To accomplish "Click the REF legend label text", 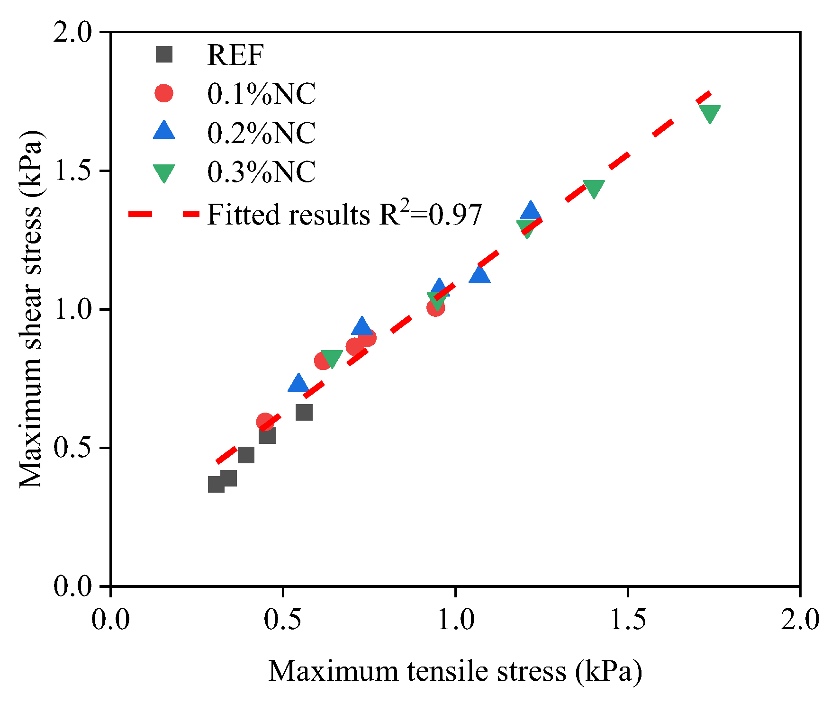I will [235, 55].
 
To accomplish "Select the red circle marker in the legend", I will [164, 93].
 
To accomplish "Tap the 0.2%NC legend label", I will [262, 133].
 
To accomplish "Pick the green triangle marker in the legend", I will [164, 173].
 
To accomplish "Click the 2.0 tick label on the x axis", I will [800, 619].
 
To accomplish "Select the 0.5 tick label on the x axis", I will [282, 619].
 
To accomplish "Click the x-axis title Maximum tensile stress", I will [455, 671].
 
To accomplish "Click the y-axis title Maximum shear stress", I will [31, 309].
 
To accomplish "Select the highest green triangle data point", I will [710, 113].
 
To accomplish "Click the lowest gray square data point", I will [216, 484].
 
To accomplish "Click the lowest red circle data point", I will [265, 421].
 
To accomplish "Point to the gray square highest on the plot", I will [304, 412].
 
